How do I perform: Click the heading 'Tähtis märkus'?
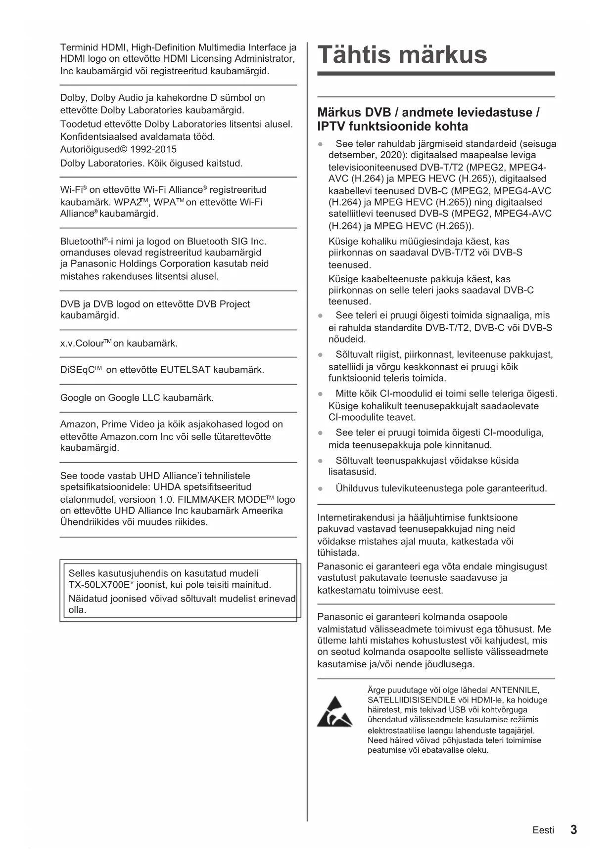tap(402, 54)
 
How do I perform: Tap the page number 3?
tap(573, 829)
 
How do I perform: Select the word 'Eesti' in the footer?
tap(543, 830)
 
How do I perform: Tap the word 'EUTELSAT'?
tap(185, 370)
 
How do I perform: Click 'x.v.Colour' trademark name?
tap(82, 343)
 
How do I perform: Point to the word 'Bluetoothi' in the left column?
tap(81, 241)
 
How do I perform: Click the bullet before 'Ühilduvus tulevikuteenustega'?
tap(321, 488)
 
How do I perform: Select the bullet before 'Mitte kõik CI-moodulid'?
tap(321, 394)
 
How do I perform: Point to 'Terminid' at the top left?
tap(79, 47)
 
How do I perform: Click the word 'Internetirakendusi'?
tap(356, 518)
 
